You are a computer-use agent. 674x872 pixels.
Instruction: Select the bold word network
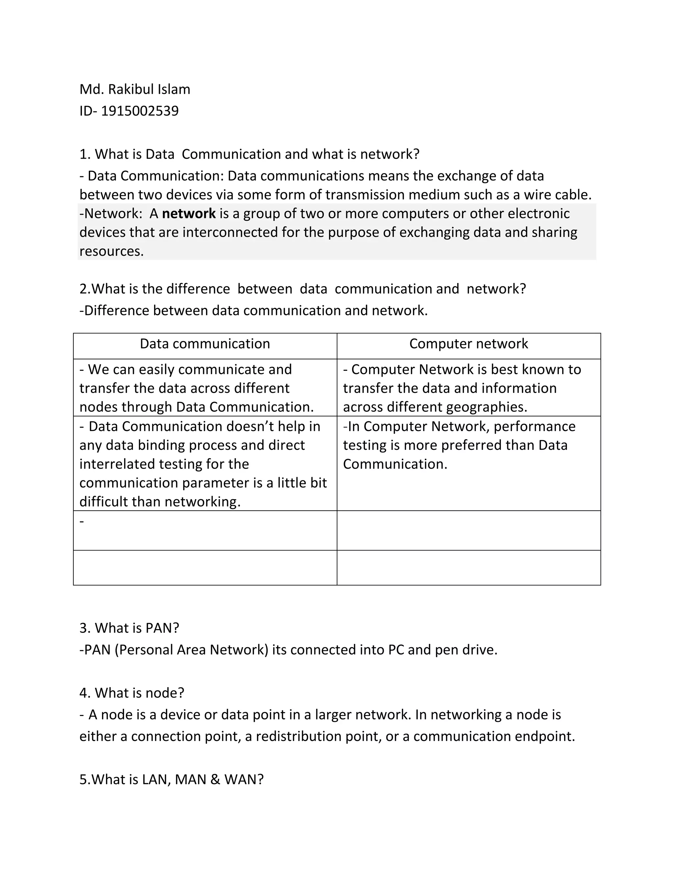tap(189, 214)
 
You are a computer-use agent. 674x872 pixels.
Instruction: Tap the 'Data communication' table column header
tap(205, 344)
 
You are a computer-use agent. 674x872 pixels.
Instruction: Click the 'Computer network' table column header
tap(468, 344)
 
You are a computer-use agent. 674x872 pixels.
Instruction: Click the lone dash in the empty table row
tap(82, 521)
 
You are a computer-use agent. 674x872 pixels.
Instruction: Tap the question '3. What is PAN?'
tap(129, 628)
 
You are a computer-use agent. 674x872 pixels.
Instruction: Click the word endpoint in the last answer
tap(544, 736)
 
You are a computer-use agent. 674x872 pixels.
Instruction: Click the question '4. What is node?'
tap(132, 693)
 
